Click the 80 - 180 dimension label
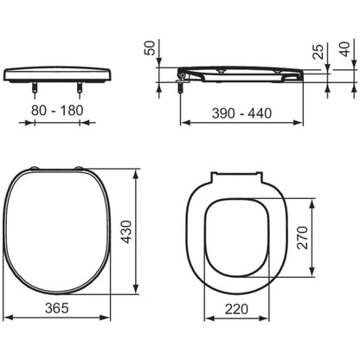[x=57, y=110]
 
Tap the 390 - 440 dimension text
[x=241, y=113]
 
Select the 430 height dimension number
[x=126, y=232]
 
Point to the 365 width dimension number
[x=57, y=308]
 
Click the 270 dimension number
[x=303, y=238]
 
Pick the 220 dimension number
[x=236, y=309]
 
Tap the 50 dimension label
[x=150, y=48]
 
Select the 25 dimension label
[x=318, y=52]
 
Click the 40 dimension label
[x=345, y=49]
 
